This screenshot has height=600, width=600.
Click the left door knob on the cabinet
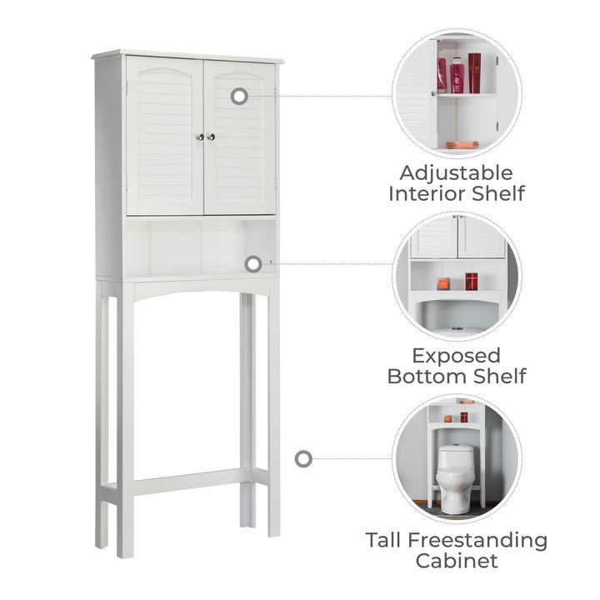(199, 137)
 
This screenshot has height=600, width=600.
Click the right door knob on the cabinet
(211, 137)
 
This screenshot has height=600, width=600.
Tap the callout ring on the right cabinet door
(239, 96)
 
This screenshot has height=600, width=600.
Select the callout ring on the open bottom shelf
(253, 264)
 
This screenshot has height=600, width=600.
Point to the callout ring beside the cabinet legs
(303, 458)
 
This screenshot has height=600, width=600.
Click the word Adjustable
(456, 173)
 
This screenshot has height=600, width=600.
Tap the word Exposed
(457, 357)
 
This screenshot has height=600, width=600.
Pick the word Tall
(383, 540)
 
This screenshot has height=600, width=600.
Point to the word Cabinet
(457, 561)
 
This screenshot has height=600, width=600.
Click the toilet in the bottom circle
(455, 479)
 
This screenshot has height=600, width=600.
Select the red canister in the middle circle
(471, 282)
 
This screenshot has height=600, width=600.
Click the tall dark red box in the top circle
(474, 73)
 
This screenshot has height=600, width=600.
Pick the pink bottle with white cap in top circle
(457, 75)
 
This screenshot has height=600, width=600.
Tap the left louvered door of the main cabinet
(165, 136)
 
